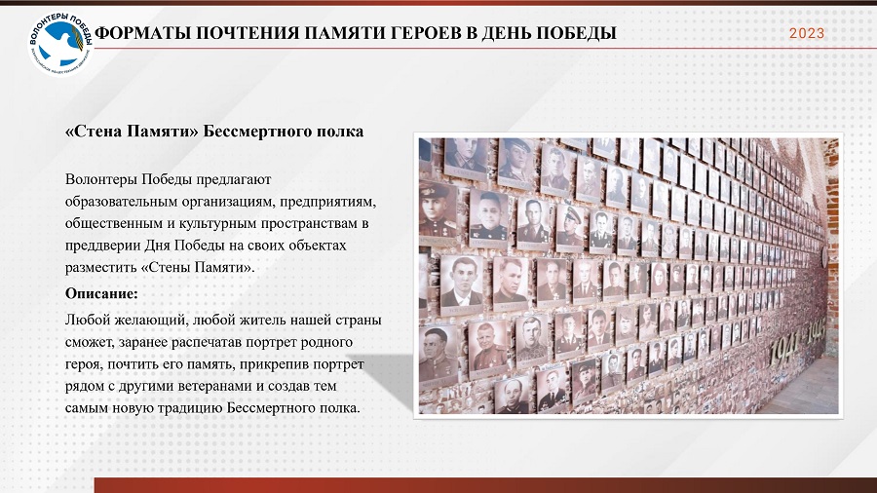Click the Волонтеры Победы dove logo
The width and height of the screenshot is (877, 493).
[x=60, y=44]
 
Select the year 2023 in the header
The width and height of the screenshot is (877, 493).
[x=807, y=33]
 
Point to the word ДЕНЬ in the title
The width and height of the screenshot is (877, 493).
[x=506, y=33]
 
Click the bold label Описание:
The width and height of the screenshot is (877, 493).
[x=101, y=293]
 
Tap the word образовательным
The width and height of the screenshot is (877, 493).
[x=115, y=202]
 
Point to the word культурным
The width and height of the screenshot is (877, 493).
[x=212, y=223]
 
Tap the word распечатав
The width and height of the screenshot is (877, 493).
[x=207, y=342]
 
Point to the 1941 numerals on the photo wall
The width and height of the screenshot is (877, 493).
[x=783, y=350]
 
